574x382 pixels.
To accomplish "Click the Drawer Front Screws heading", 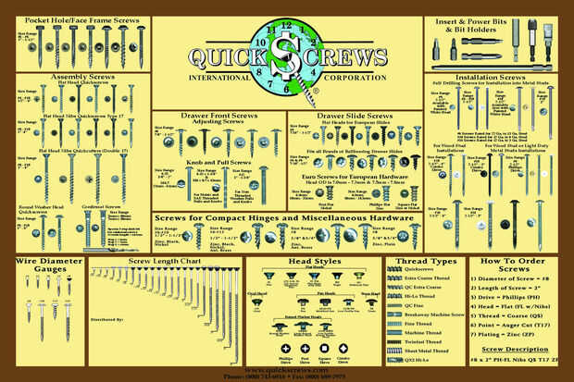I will point(219,117).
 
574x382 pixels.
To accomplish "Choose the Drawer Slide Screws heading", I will point(356,116).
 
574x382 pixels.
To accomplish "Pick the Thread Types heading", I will point(419,262).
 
